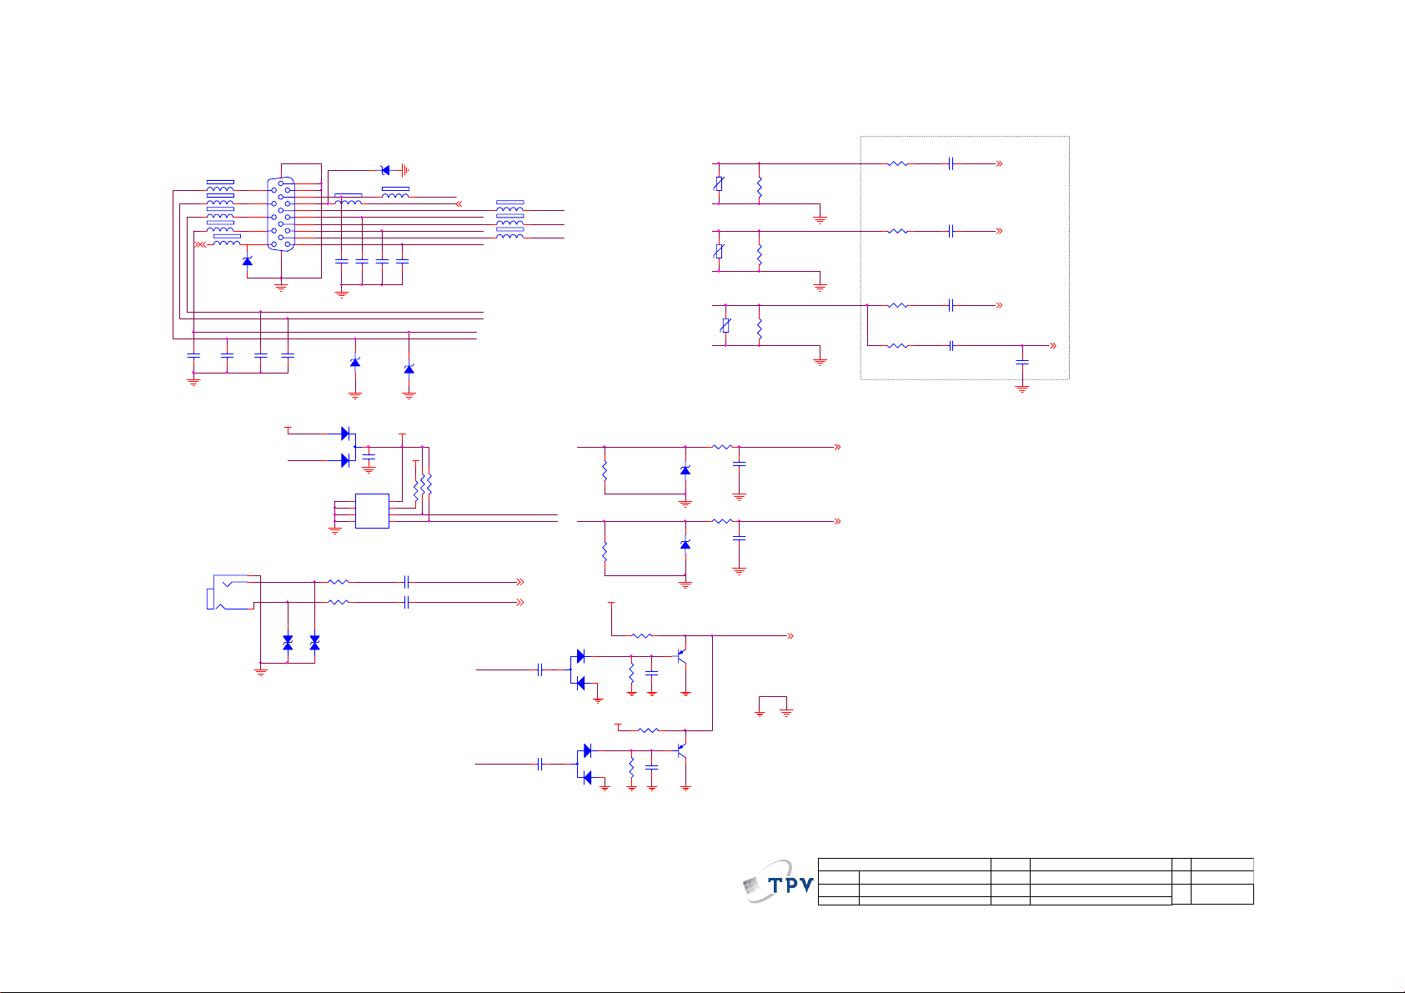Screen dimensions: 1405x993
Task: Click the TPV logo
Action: pyautogui.click(x=778, y=882)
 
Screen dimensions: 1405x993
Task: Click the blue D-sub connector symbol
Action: pyautogui.click(x=281, y=214)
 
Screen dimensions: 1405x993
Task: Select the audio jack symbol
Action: pyautogui.click(x=230, y=592)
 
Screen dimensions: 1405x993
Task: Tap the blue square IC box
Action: pyautogui.click(x=372, y=510)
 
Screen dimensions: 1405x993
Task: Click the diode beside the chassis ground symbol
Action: pyautogui.click(x=385, y=170)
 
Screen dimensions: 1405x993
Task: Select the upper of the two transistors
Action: pyautogui.click(x=682, y=656)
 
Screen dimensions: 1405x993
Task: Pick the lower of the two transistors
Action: pyautogui.click(x=682, y=750)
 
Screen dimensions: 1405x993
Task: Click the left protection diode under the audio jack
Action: pyautogui.click(x=288, y=642)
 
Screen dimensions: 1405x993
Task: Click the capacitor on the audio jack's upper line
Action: pyautogui.click(x=406, y=582)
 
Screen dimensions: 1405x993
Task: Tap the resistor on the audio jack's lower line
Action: pyautogui.click(x=338, y=602)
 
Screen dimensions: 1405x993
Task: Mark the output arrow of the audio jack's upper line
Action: pyautogui.click(x=520, y=582)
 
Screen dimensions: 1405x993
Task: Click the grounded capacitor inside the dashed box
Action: pyautogui.click(x=1022, y=363)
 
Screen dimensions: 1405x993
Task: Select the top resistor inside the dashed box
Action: pyautogui.click(x=897, y=163)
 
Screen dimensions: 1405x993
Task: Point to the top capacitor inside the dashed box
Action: pyautogui.click(x=951, y=163)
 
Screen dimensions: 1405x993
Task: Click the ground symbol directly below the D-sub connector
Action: pyautogui.click(x=281, y=288)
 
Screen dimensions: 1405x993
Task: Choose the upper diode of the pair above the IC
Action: pyautogui.click(x=345, y=434)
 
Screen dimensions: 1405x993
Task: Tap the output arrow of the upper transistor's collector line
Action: pyautogui.click(x=790, y=636)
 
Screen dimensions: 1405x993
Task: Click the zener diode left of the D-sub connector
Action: pyautogui.click(x=247, y=261)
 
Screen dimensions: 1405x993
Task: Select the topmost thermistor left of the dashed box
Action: pyautogui.click(x=719, y=183)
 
